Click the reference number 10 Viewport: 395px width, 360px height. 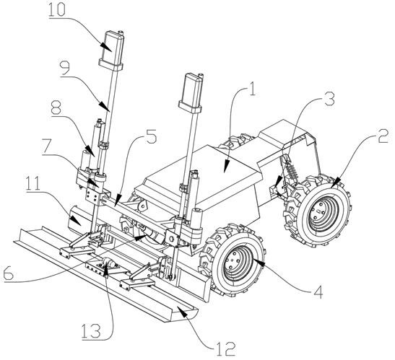point(57,9)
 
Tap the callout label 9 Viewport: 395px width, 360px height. point(65,69)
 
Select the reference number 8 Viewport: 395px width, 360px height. point(56,107)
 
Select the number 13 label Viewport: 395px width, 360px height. point(91,331)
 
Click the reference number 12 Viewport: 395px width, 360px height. point(226,348)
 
